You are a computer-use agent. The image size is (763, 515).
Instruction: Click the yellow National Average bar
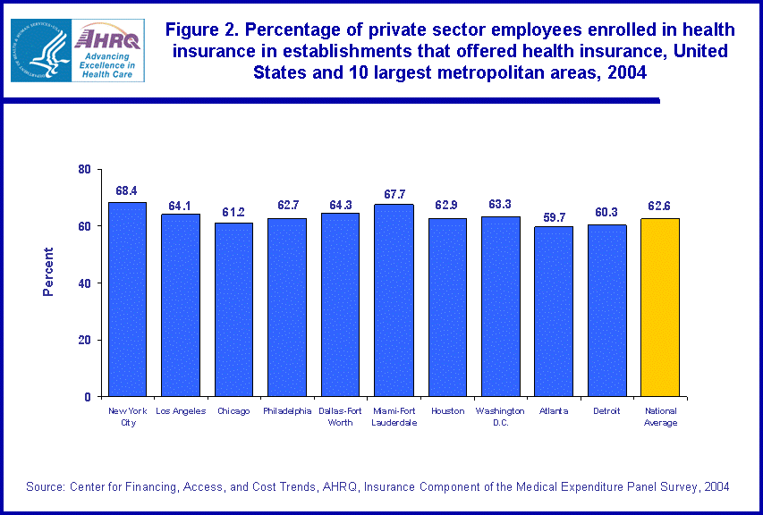click(660, 308)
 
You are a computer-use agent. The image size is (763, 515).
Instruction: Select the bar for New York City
click(127, 300)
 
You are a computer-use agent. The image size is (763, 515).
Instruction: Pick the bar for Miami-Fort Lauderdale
click(394, 300)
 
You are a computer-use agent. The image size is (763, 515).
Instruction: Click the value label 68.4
click(126, 190)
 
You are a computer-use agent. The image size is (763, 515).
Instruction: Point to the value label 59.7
click(554, 215)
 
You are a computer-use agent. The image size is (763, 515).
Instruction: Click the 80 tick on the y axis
click(84, 169)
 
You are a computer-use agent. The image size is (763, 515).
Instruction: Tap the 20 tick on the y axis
click(84, 340)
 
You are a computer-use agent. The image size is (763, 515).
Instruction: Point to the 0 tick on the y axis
click(88, 397)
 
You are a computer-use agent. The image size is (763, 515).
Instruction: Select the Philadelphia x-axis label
click(287, 411)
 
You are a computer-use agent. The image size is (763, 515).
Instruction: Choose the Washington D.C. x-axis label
click(500, 417)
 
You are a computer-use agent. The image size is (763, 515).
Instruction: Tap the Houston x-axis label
click(447, 411)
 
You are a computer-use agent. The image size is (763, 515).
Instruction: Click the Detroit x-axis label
click(606, 411)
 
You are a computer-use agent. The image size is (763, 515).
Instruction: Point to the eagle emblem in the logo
click(39, 50)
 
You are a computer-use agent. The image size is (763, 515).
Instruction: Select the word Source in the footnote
click(46, 486)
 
